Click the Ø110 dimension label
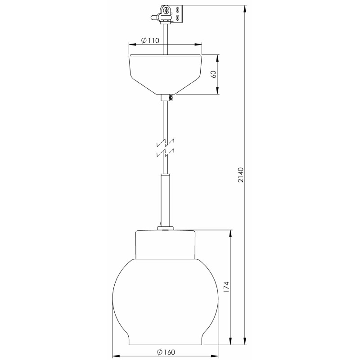click(x=150, y=40)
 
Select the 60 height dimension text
click(x=213, y=74)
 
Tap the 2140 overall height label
click(x=240, y=175)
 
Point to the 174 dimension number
click(x=226, y=287)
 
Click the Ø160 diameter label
click(x=166, y=352)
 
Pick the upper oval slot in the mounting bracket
click(x=178, y=10)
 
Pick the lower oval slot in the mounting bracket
click(x=178, y=18)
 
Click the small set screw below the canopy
click(x=171, y=98)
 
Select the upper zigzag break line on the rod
click(x=165, y=143)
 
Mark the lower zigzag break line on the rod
click(x=165, y=153)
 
